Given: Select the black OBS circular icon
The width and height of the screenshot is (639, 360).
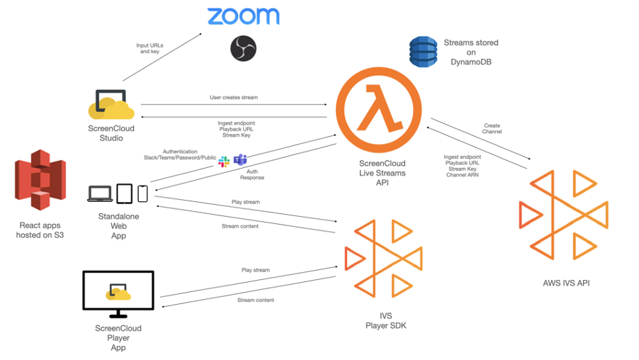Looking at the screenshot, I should (x=243, y=48).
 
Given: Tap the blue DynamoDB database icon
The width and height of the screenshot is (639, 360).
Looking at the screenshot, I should (x=423, y=52).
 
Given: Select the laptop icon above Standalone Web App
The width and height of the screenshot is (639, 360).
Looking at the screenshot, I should (x=100, y=193).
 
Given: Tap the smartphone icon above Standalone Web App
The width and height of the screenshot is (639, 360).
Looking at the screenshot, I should (x=142, y=193).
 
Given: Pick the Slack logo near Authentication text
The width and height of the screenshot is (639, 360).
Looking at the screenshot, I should (x=224, y=162).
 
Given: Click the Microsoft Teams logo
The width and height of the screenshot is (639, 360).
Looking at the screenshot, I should (x=240, y=160).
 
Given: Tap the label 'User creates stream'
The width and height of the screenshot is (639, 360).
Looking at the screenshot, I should (x=234, y=97).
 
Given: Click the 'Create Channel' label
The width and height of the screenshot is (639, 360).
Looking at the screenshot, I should (x=492, y=129).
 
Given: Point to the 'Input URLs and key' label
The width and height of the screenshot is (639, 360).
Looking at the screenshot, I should (x=149, y=49).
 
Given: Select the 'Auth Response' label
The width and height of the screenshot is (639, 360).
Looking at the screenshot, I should (x=251, y=174).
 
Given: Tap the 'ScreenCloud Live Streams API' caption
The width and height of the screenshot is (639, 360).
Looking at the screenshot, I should (x=382, y=173).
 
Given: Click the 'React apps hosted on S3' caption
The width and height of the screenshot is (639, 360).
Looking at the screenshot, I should (x=40, y=230).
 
